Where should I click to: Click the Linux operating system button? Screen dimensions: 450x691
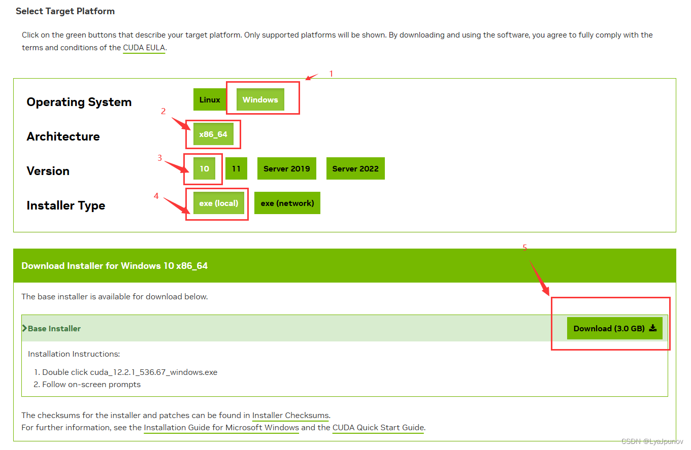pos(209,99)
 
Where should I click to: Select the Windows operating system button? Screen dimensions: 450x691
pos(260,99)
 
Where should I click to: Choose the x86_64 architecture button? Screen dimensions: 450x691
pos(213,134)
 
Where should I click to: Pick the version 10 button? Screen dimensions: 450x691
pos(204,168)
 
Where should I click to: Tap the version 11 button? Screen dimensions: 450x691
pos(236,168)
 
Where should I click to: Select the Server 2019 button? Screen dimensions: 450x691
pos(286,168)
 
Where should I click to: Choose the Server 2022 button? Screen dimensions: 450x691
pos(355,168)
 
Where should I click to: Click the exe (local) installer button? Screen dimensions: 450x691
pos(219,203)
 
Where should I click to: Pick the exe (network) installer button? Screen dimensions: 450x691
pos(287,203)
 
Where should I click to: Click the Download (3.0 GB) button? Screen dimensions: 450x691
pos(614,328)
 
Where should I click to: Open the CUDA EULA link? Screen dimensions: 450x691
pos(144,48)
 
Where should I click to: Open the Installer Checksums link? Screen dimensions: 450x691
pos(290,416)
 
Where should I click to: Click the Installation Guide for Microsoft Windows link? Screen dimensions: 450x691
pos(221,428)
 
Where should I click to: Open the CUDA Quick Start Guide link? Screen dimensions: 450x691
pos(378,428)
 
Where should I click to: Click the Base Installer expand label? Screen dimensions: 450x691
pos(54,328)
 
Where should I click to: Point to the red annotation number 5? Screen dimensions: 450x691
pos(525,248)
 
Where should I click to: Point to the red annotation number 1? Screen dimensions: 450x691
pos(331,74)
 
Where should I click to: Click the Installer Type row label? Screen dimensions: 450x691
pos(65,205)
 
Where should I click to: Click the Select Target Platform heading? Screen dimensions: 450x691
pos(65,11)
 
